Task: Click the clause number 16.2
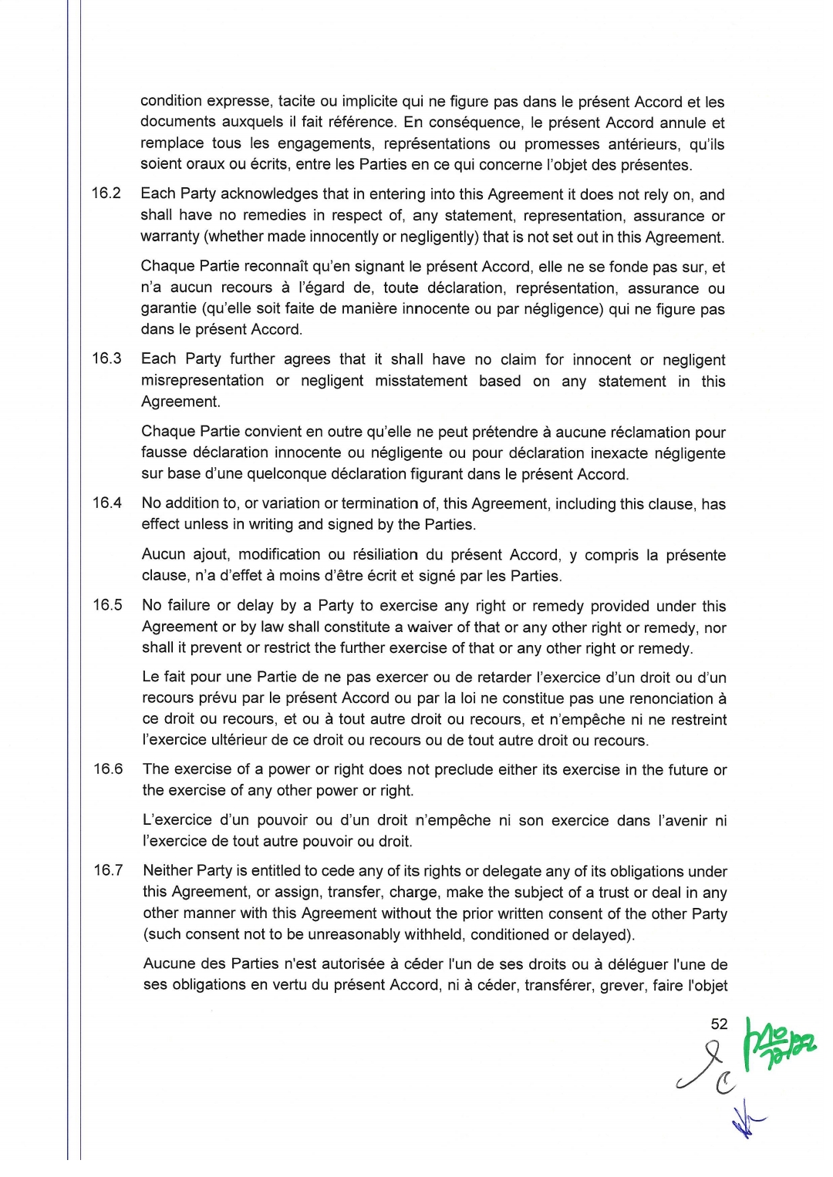[106, 193]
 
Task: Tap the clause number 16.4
[107, 503]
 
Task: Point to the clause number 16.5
[107, 605]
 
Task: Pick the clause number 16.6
[108, 768]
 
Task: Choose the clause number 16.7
[108, 870]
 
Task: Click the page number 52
[719, 1024]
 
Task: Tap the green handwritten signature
[779, 1042]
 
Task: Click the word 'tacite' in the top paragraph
[296, 101]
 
